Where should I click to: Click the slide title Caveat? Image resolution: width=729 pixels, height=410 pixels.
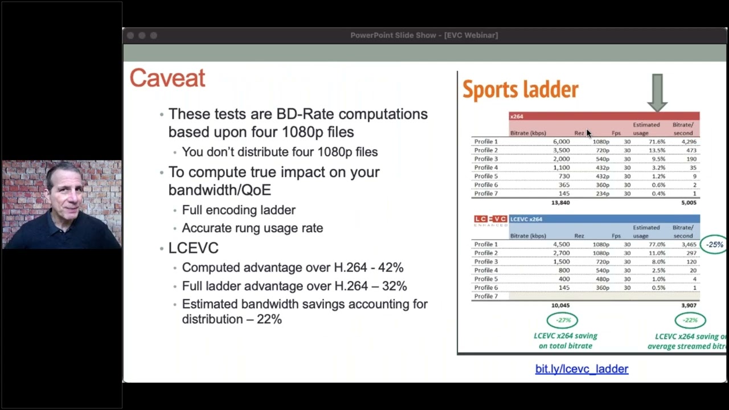(x=167, y=79)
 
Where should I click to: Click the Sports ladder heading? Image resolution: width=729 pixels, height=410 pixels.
(x=520, y=90)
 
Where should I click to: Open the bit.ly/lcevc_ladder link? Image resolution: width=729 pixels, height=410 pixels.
(x=581, y=369)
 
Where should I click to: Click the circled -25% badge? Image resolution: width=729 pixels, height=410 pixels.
(x=714, y=244)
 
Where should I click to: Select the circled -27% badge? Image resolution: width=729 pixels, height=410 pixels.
(x=562, y=320)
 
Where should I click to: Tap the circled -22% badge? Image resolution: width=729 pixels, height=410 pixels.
(x=690, y=320)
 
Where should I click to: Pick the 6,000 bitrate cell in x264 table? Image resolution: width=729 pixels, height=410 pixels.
(x=560, y=142)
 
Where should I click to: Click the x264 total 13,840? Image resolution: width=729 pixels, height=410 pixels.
(x=560, y=203)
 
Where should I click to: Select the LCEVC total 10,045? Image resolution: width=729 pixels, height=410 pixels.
(x=560, y=306)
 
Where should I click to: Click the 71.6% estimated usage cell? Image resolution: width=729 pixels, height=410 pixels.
(x=657, y=142)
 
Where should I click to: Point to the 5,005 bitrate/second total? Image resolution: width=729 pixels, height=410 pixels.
(x=688, y=203)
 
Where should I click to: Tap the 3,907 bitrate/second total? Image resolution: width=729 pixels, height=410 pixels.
(x=688, y=306)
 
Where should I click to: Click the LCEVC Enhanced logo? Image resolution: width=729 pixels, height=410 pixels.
(x=490, y=220)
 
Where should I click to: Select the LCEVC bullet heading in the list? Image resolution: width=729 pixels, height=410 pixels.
(x=193, y=248)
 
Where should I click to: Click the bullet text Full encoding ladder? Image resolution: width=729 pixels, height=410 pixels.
(x=239, y=210)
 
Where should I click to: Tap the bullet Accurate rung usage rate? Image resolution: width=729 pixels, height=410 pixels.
(x=252, y=228)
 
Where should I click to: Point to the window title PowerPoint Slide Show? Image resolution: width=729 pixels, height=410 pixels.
(x=424, y=35)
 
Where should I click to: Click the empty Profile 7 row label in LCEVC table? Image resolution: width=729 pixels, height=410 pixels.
(x=486, y=297)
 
